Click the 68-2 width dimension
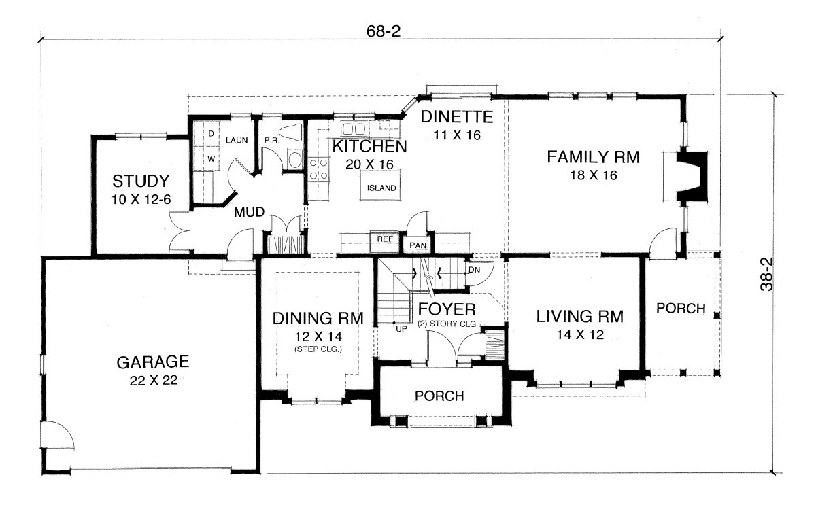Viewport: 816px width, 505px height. (x=384, y=31)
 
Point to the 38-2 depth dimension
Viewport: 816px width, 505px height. (x=766, y=274)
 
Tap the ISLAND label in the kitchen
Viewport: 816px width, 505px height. (x=381, y=188)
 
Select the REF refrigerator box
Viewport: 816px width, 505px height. (x=385, y=241)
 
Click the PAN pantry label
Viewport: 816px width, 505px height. (x=418, y=245)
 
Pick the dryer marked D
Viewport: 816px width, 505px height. (x=211, y=134)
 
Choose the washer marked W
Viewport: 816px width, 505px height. (x=211, y=159)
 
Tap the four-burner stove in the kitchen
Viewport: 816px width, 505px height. (x=319, y=170)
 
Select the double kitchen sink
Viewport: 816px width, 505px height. (x=354, y=129)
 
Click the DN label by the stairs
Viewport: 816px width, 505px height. (x=475, y=270)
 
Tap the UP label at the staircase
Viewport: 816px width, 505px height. (x=401, y=329)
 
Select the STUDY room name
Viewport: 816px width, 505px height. (x=141, y=181)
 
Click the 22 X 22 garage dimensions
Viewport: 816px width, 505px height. (x=154, y=381)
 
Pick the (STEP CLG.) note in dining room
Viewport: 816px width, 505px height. (x=318, y=349)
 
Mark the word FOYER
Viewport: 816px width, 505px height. (x=447, y=309)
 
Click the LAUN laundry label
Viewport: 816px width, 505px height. (x=237, y=140)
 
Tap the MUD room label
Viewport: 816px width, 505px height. (x=249, y=212)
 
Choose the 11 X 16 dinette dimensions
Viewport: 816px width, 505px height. (x=457, y=135)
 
